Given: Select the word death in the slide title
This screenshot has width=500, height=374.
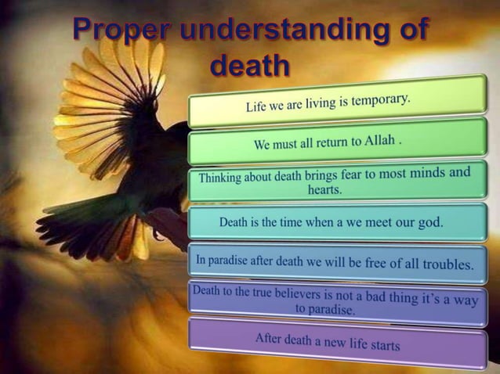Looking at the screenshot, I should click(250, 67).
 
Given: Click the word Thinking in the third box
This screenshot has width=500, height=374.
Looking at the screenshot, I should click(222, 177).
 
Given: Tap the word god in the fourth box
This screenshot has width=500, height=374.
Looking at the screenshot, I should click(429, 221).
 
